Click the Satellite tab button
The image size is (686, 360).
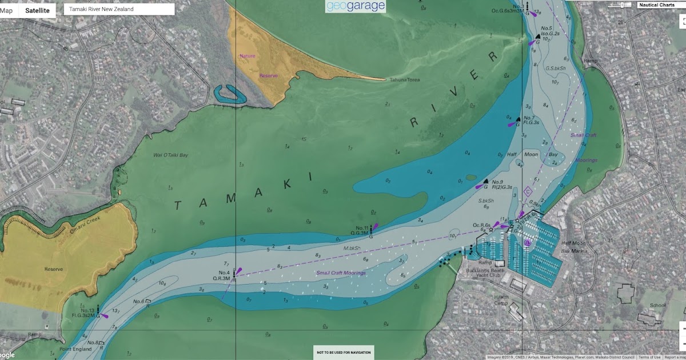pyautogui.click(x=37, y=10)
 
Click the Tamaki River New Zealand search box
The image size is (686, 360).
pyautogui.click(x=118, y=9)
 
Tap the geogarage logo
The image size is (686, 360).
pyautogui.click(x=355, y=6)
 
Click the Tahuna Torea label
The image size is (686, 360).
pyautogui.click(x=405, y=80)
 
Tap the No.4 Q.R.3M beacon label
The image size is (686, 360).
pyautogui.click(x=223, y=275)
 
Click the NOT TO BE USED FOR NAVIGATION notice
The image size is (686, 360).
pyautogui.click(x=344, y=352)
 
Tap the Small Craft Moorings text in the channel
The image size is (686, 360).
pyautogui.click(x=341, y=273)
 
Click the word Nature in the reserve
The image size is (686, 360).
pyautogui.click(x=248, y=56)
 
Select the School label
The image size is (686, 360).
pyautogui.click(x=657, y=305)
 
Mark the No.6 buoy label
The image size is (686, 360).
pyautogui.click(x=138, y=301)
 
